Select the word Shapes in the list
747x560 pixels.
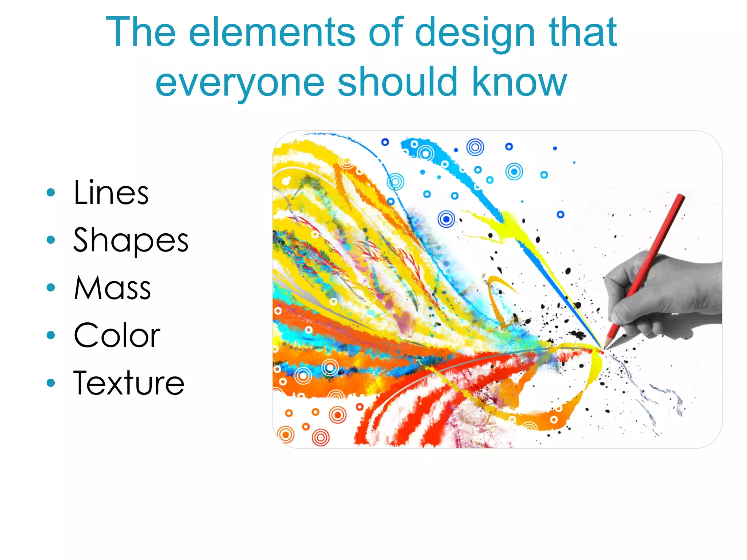(131, 240)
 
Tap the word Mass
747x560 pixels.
(112, 288)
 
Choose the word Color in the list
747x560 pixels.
(117, 335)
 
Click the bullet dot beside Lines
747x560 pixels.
(51, 192)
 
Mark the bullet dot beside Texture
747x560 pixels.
(51, 383)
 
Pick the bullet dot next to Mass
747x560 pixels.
(51, 288)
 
